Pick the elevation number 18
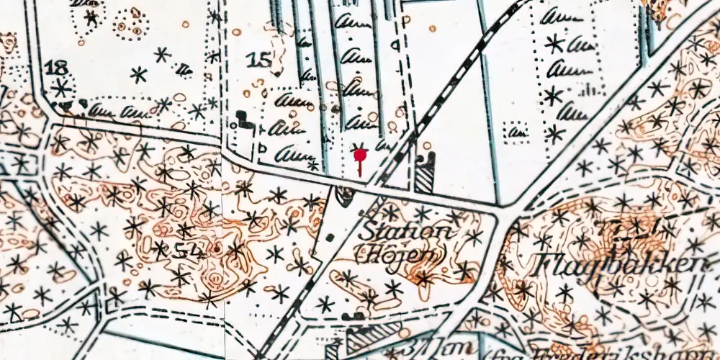[x=56, y=69]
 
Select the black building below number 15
[x=246, y=120]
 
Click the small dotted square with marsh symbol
[x=516, y=132]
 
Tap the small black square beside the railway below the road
[x=330, y=237]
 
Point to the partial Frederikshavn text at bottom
[x=554, y=351]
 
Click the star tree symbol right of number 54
[x=236, y=251]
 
